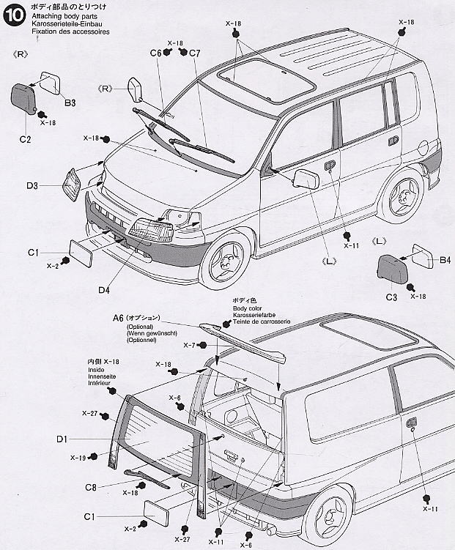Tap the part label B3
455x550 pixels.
(x=70, y=103)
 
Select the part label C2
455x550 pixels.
(x=24, y=138)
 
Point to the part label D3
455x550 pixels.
(x=52, y=186)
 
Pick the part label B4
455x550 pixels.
(x=445, y=259)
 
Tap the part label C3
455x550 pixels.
(x=391, y=297)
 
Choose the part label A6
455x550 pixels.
(x=119, y=318)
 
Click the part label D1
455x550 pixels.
(x=62, y=439)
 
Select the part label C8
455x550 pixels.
(x=91, y=487)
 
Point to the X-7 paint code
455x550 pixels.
(x=189, y=345)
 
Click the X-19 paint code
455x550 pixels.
(x=78, y=458)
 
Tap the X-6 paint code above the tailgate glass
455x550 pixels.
(x=174, y=398)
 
